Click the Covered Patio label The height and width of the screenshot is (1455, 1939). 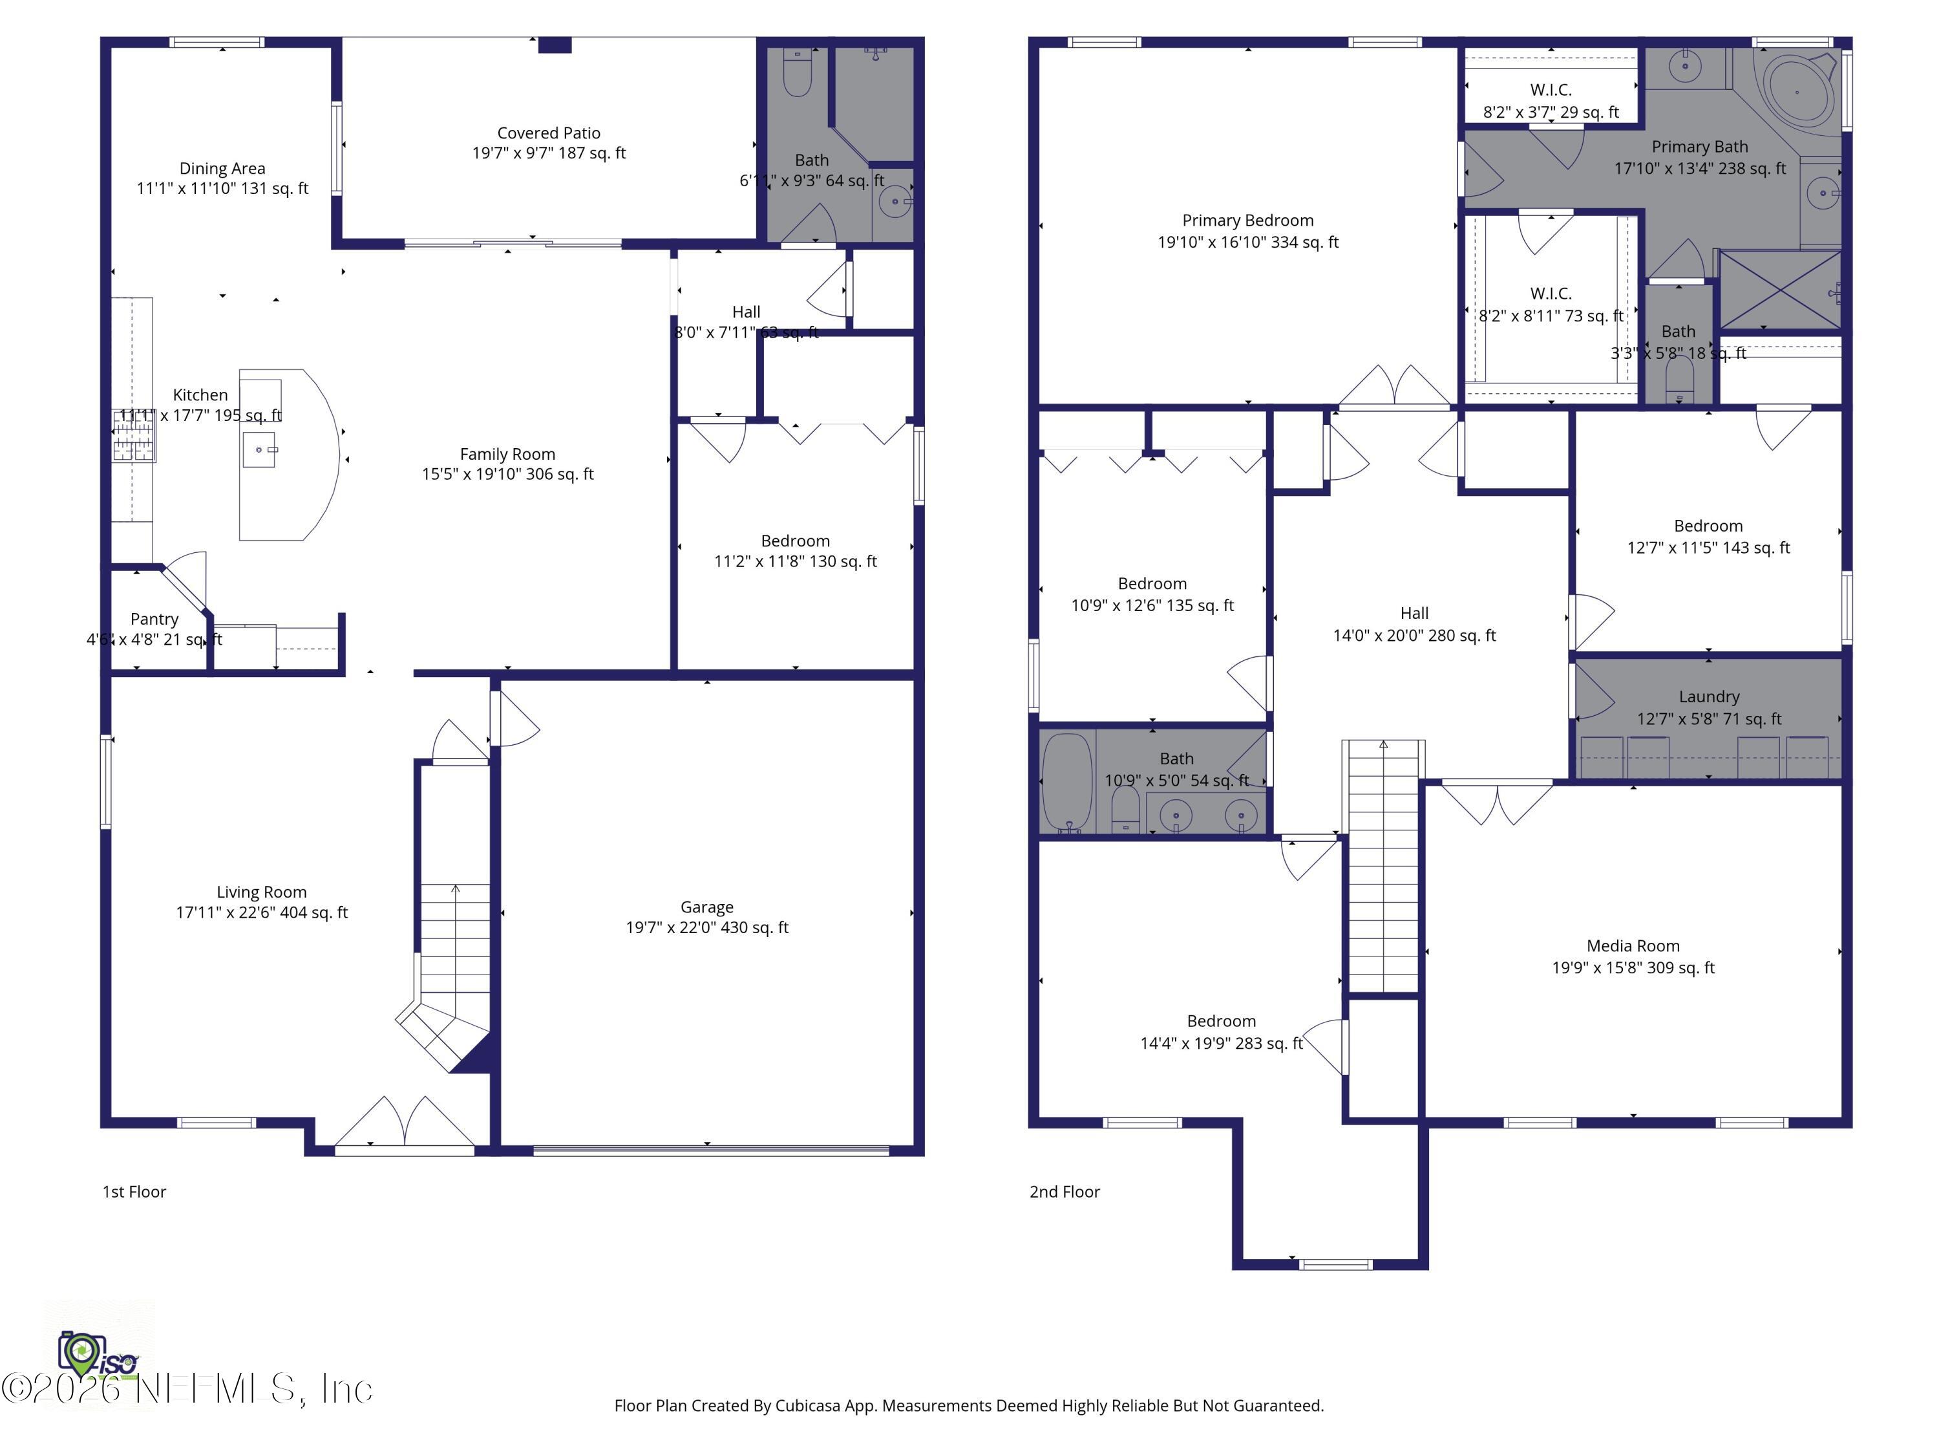click(x=549, y=133)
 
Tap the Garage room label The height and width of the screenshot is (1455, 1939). click(x=706, y=907)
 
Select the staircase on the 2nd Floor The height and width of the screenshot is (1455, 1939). click(x=1383, y=868)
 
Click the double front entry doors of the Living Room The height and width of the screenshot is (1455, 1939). click(x=405, y=1123)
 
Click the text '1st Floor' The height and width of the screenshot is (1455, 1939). click(x=134, y=1191)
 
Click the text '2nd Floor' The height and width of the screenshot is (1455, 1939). click(x=1064, y=1191)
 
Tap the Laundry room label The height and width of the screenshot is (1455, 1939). click(x=1708, y=696)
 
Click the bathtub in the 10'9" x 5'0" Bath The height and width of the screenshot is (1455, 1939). click(x=1067, y=781)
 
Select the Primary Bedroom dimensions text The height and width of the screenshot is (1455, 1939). click(x=1247, y=242)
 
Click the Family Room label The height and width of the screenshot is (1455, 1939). click(x=507, y=453)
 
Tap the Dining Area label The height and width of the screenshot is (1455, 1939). click(x=222, y=168)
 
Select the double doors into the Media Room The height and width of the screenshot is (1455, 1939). click(x=1497, y=803)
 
